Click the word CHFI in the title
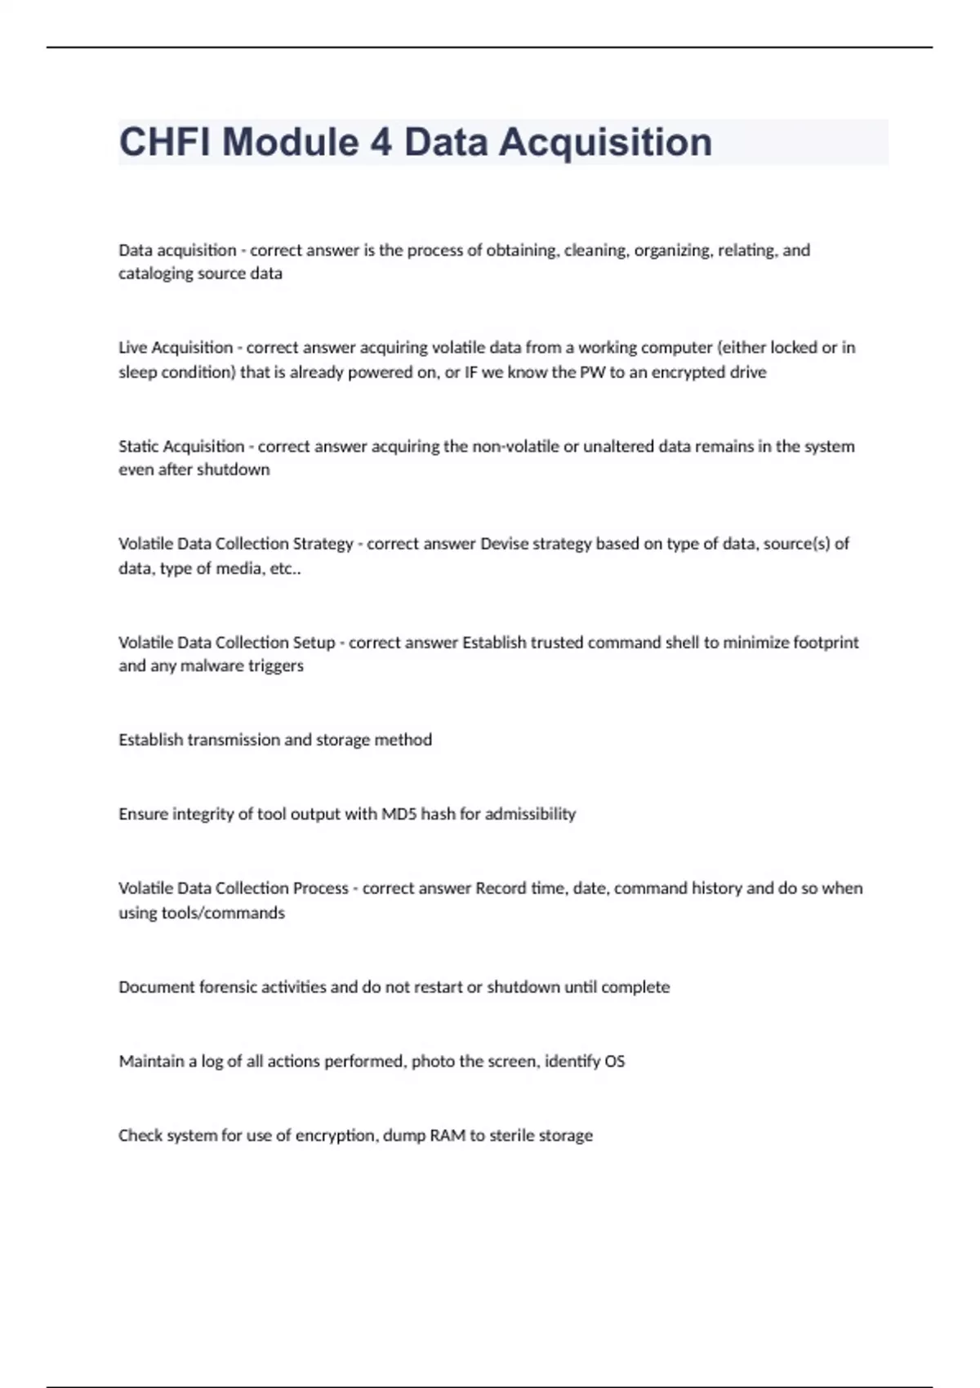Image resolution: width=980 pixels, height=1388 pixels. (x=165, y=142)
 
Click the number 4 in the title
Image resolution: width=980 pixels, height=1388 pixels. (x=381, y=142)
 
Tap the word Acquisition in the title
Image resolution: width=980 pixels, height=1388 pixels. (x=605, y=142)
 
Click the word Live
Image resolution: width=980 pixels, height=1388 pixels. (x=132, y=348)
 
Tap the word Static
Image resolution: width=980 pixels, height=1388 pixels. (x=139, y=447)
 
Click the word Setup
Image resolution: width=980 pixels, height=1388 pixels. (x=314, y=643)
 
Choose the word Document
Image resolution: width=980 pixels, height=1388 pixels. (x=153, y=987)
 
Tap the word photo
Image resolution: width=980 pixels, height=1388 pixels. (x=431, y=1061)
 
